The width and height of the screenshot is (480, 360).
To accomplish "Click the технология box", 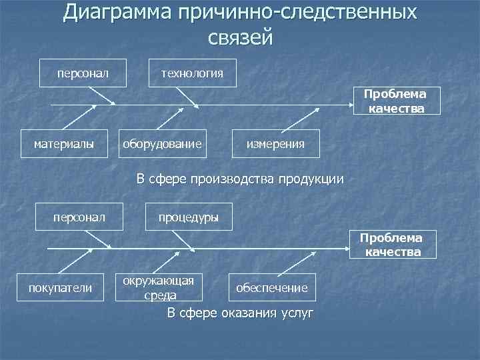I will pyautogui.click(x=192, y=72).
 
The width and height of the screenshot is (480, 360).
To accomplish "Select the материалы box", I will pyautogui.click(x=64, y=143).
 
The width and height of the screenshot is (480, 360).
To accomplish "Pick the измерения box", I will pyautogui.click(x=275, y=143).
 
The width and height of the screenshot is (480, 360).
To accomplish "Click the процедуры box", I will pyautogui.click(x=189, y=217).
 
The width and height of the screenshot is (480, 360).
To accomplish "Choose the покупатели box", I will pyautogui.click(x=60, y=287).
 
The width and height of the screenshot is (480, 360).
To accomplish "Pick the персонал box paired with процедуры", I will pyautogui.click(x=79, y=217).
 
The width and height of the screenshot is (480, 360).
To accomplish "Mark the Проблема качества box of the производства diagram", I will pyautogui.click(x=396, y=101).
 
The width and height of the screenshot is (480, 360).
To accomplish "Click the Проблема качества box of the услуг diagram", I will pyautogui.click(x=393, y=244).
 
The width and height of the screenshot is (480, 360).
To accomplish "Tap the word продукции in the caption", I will pyautogui.click(x=311, y=179).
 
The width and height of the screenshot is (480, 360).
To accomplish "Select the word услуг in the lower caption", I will pyautogui.click(x=297, y=313).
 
